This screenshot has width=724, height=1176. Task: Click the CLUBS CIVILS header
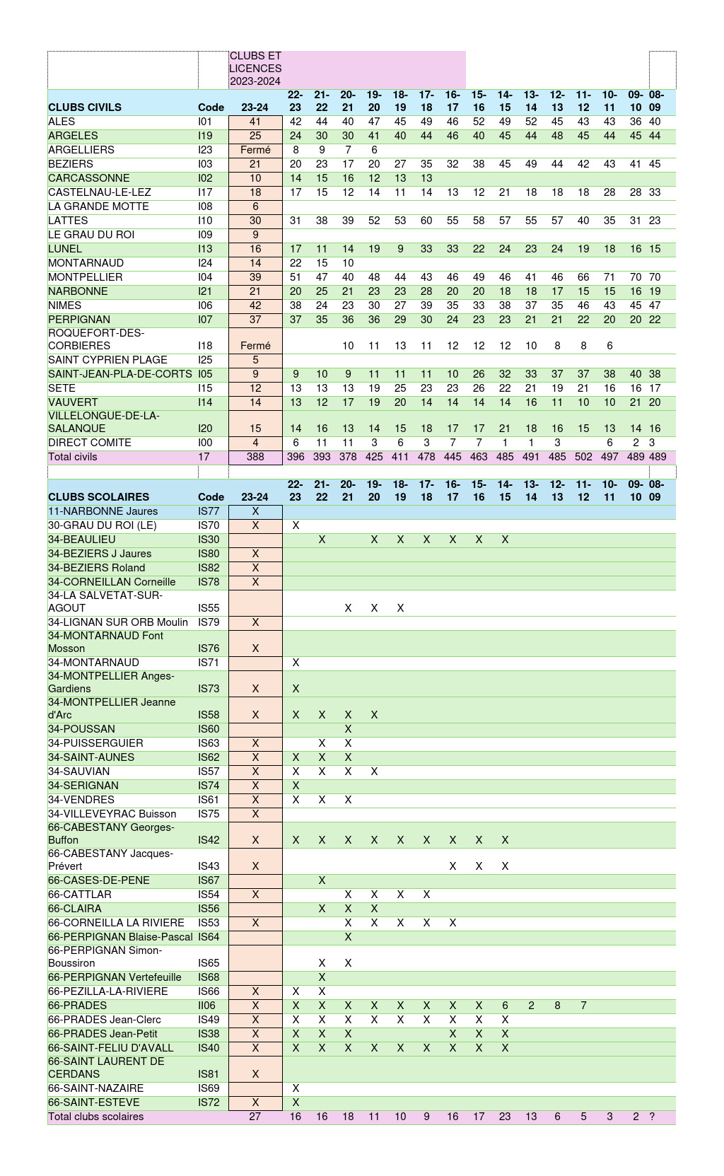85,107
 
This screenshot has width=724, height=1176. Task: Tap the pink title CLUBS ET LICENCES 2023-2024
255,69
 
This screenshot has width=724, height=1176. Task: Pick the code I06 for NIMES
205,305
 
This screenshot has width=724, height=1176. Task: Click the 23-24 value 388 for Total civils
255,457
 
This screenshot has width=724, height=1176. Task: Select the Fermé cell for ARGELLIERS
255,150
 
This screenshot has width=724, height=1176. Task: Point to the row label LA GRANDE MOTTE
98,206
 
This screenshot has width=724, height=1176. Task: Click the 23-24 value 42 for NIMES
255,305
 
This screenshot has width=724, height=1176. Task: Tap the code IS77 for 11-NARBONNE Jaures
209,511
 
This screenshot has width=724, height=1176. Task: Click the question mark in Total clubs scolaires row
652,1117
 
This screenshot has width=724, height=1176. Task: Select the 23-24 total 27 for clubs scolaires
255,1117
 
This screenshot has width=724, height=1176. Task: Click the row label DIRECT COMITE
90,443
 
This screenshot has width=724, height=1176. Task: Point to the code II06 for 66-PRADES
206,1006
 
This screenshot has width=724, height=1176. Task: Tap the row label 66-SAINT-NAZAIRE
95,1088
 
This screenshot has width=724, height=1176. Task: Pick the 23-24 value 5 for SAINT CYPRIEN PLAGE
255,360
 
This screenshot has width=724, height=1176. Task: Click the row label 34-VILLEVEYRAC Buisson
112,814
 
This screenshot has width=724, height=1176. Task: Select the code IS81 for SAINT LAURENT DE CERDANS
209,1074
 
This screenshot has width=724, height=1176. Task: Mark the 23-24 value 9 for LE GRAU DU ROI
255,235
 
